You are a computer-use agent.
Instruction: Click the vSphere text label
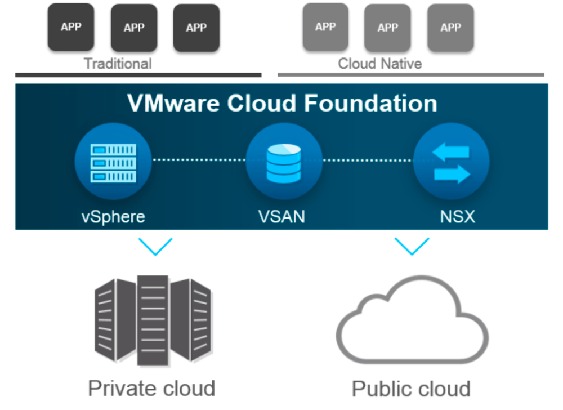(x=113, y=216)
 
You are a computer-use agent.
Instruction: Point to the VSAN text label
(x=284, y=216)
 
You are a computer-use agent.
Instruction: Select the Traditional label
(x=118, y=64)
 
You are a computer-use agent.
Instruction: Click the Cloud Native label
(x=379, y=64)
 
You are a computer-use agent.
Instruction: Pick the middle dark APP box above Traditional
(x=134, y=28)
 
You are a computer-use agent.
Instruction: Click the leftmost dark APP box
(x=71, y=27)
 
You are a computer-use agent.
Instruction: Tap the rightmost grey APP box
(x=450, y=28)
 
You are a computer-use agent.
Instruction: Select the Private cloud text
(x=151, y=388)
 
